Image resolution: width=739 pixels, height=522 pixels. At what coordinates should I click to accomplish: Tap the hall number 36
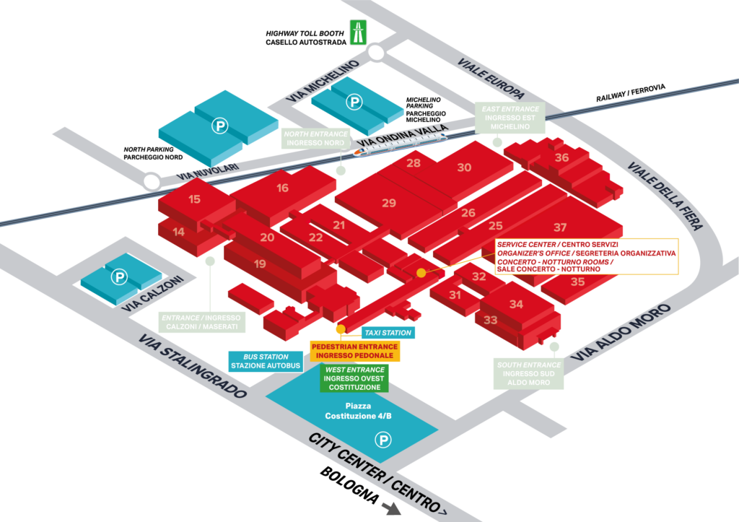tap(561, 157)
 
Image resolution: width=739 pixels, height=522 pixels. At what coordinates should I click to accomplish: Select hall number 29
tap(389, 203)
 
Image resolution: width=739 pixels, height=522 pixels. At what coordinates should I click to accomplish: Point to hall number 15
tap(194, 199)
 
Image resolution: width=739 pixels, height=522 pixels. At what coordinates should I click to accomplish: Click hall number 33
tap(491, 320)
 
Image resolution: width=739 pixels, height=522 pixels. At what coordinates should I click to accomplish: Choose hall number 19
tap(260, 264)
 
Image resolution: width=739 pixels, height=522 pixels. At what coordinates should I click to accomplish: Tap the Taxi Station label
tap(389, 333)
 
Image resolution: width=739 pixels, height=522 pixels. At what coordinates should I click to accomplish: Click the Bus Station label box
tap(266, 361)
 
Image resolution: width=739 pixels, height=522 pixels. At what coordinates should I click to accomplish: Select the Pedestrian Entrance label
tap(354, 351)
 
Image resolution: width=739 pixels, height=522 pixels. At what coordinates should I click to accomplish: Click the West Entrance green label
tap(354, 378)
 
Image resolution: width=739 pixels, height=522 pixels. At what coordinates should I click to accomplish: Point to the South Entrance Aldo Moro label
tap(528, 374)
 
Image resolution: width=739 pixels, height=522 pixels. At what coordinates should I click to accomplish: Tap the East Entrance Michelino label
tap(510, 118)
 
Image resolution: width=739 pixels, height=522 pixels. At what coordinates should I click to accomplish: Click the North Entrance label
tap(316, 139)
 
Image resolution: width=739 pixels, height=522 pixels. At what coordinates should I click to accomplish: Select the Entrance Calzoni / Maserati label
tap(201, 322)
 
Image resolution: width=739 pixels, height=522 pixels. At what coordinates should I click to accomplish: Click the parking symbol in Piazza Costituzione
tap(383, 438)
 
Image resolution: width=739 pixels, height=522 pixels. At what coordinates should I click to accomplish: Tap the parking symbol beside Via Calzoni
tap(118, 277)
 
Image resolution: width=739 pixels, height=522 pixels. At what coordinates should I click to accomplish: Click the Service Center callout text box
tap(586, 256)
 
